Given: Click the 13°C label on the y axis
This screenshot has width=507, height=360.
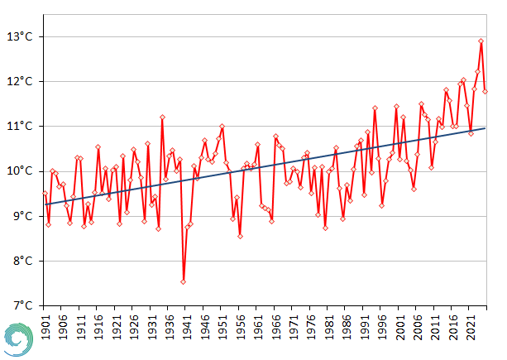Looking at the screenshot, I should (x=21, y=36).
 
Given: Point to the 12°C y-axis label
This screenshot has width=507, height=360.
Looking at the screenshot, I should (x=21, y=81).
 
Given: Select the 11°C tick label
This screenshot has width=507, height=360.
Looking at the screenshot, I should (x=21, y=126).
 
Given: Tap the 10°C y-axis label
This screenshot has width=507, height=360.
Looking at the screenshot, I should (x=21, y=171).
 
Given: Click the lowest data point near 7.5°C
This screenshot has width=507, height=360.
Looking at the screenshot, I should (x=183, y=281).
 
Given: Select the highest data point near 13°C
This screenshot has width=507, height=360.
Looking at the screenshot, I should (x=481, y=41).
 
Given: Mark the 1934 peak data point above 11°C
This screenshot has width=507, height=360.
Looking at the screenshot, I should (x=162, y=117).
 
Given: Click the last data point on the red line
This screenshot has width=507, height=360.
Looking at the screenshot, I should (x=485, y=91).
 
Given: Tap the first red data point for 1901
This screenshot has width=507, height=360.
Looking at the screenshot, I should (x=45, y=194).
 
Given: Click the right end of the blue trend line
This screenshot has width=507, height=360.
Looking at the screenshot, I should (x=485, y=128).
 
